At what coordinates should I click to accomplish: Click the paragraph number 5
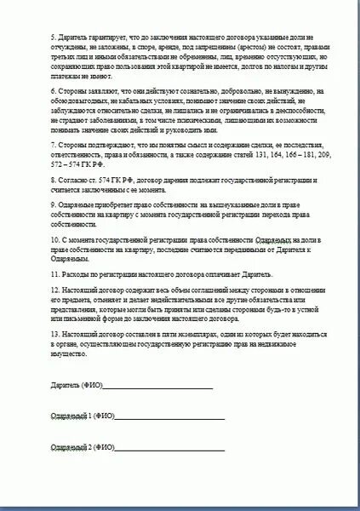click(x=53, y=38)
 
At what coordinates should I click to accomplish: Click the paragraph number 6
click(x=53, y=90)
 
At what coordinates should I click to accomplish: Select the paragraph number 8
click(x=53, y=181)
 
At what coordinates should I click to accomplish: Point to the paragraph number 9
click(x=53, y=206)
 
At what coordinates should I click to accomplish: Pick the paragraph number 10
click(x=54, y=241)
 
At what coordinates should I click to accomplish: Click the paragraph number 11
click(x=54, y=276)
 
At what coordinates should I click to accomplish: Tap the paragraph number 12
click(x=54, y=292)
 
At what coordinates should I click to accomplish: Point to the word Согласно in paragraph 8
click(x=72, y=181)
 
